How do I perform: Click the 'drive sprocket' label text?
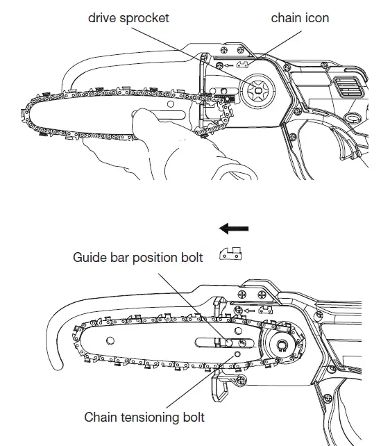(x=128, y=17)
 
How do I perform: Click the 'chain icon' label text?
(x=300, y=17)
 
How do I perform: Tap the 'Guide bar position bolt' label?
(x=138, y=258)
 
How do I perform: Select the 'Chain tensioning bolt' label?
(x=144, y=417)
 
